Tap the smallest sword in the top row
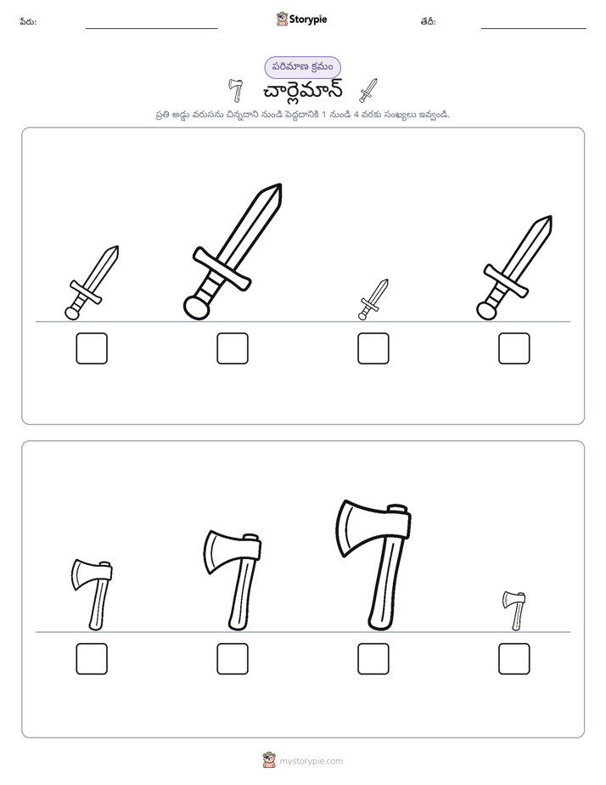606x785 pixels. pos(373,299)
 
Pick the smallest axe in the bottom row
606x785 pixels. pos(515,610)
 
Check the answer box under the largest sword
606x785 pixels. pos(233,348)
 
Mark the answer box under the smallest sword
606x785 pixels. pos(373,348)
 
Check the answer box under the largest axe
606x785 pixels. pos(373,659)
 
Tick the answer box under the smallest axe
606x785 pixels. pos(514,659)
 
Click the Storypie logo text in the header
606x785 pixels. pos(308,20)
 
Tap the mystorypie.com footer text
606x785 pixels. pos(311,761)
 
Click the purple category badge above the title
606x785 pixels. pos(302,67)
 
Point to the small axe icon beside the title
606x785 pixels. pos(235,90)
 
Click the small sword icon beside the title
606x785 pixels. pos(368,91)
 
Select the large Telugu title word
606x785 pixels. pos(302,91)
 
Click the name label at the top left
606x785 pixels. pos(28,21)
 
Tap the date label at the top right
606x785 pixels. pos(428,21)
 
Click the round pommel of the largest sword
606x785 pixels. pos(196,307)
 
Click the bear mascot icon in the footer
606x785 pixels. pos(270,760)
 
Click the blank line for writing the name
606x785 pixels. pos(151,29)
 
